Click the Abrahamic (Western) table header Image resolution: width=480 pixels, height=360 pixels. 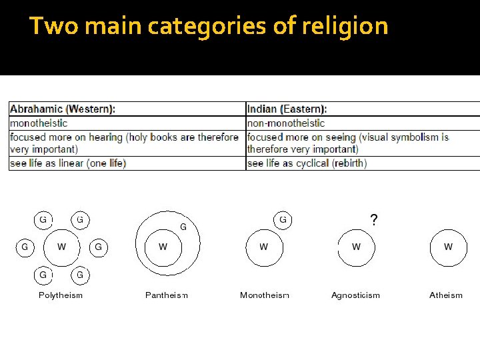63,109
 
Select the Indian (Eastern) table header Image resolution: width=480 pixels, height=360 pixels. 287,109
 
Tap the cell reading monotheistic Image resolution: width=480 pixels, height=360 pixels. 38,123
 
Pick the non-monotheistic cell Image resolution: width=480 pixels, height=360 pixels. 286,123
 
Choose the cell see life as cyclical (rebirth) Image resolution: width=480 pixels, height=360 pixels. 307,163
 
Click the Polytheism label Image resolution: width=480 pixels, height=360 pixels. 61,295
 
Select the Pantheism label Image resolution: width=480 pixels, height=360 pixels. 167,295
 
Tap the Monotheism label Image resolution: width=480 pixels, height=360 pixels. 265,295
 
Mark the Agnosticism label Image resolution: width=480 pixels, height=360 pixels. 355,295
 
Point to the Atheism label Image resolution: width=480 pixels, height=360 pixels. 446,295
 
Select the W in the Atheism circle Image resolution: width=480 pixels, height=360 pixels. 448,247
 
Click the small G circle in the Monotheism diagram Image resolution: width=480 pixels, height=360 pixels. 283,219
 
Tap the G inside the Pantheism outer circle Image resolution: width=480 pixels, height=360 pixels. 183,227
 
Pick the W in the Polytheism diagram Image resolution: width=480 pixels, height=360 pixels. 61,247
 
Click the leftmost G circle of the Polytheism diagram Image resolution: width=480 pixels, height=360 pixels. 25,247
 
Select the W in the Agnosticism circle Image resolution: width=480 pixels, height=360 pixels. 356,247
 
